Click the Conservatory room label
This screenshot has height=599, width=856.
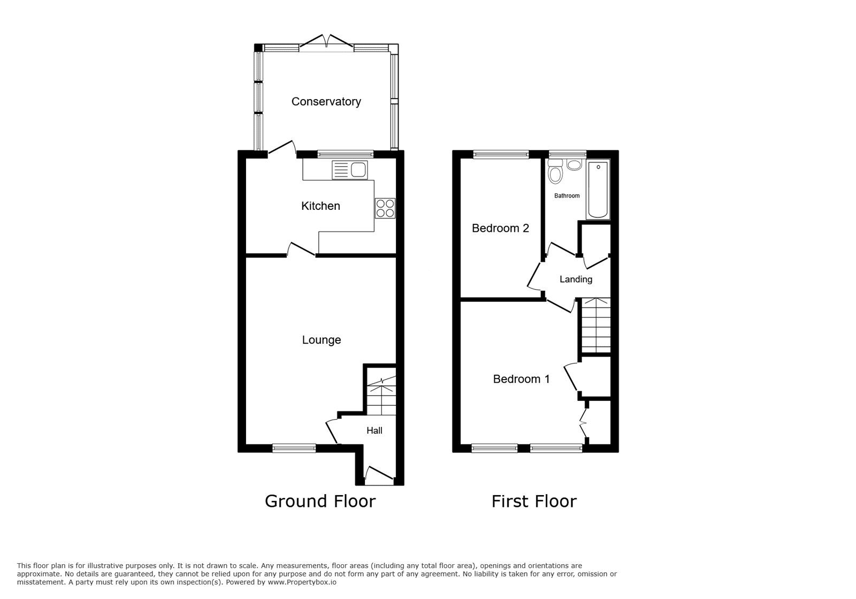[x=326, y=102]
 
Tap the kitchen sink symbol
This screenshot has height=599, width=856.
[x=350, y=170]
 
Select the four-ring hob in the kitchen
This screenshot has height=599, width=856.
[x=385, y=208]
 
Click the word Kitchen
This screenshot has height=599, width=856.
[x=320, y=206]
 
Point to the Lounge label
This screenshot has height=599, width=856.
[x=321, y=340]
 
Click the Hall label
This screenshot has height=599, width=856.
[x=374, y=430]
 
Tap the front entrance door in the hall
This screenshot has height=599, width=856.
[x=378, y=475]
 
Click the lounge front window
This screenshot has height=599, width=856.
[x=294, y=449]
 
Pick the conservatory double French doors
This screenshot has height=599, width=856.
[x=326, y=43]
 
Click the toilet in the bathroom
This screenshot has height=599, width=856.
[x=555, y=172]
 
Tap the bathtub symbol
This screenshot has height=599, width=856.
[x=598, y=190]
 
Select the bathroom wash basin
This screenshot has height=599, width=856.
[x=575, y=164]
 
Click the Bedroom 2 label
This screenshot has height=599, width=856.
[x=500, y=229]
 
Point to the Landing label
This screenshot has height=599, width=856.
[x=576, y=279]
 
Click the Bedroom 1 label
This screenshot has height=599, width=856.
[x=521, y=379]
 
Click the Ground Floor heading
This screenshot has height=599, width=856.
[x=320, y=502]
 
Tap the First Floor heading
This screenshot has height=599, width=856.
[x=534, y=502]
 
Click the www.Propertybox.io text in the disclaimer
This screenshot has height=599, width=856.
[x=302, y=582]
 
